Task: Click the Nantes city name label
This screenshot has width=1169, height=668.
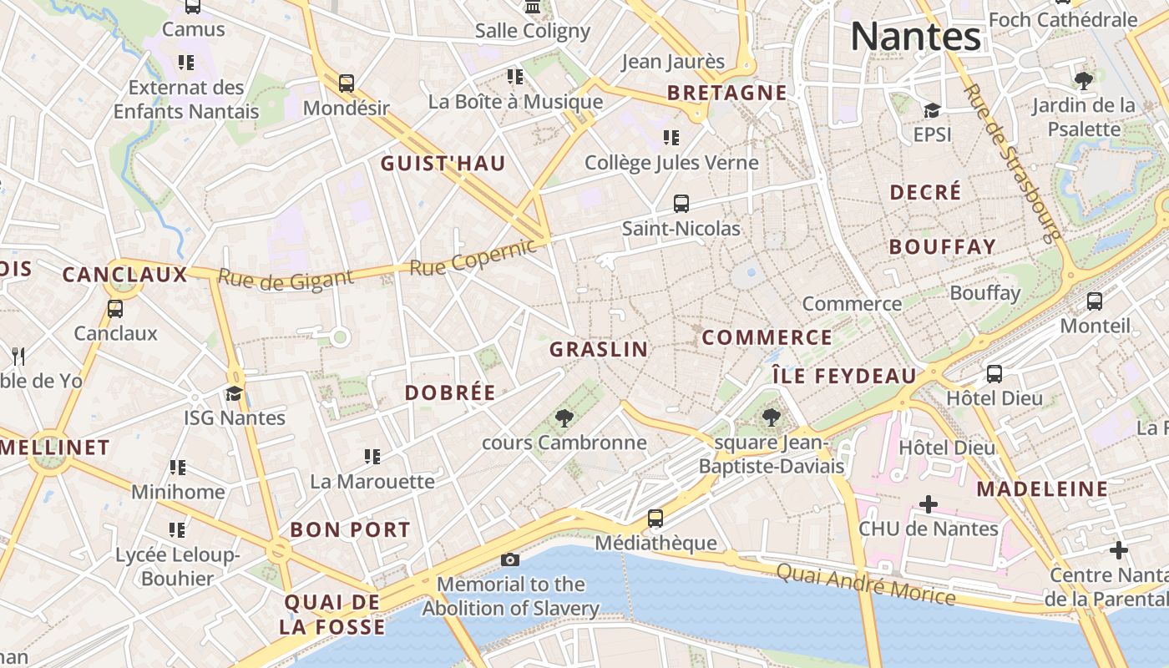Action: coord(915,37)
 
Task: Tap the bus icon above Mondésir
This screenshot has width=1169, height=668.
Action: coord(346,83)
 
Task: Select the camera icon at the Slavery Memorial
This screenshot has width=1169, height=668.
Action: coord(509,559)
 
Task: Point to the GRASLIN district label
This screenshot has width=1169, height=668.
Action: coord(599,350)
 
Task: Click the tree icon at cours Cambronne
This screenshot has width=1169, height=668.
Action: coord(564,417)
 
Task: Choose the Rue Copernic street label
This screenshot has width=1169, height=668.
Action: coord(473,257)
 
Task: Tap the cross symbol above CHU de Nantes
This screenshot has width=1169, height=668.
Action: coord(928,504)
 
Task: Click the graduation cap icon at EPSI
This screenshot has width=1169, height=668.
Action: coord(932,110)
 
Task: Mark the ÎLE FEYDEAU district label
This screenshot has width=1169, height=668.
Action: coord(843,377)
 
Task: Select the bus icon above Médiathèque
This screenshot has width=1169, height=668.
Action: coord(655,519)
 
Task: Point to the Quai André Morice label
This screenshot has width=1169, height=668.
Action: coord(866,583)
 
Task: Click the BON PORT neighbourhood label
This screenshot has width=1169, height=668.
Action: coord(350,529)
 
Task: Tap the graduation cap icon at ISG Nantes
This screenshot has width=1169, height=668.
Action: coord(235,393)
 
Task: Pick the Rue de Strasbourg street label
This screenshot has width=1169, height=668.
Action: coord(1012,161)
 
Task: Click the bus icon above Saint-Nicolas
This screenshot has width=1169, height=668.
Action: coord(681,204)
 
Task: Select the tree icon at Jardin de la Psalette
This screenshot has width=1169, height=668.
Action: coord(1084,81)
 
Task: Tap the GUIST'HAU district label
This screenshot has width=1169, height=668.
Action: coord(443,164)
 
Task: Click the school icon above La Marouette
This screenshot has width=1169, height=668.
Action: coord(372,457)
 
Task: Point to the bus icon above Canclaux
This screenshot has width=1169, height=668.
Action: coord(115,309)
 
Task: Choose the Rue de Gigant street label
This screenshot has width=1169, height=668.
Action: coord(286,279)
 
